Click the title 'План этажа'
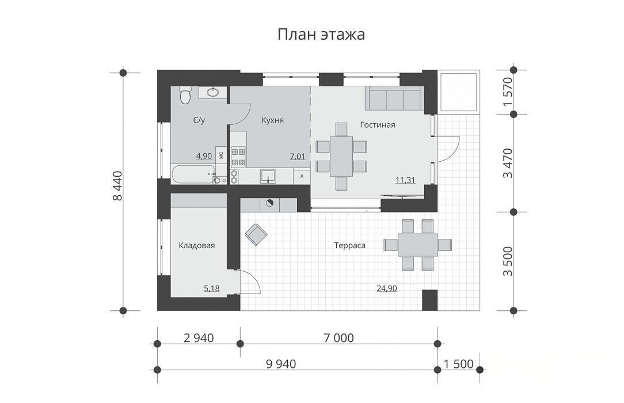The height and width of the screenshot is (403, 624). coord(321,35)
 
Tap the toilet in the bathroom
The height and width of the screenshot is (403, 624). coord(185,94)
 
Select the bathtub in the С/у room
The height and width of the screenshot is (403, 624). coord(193,174)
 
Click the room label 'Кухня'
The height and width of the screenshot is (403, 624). coord(273,120)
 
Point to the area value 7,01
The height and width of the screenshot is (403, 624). coord(298,157)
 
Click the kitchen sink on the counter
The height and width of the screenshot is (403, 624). coord(268,176)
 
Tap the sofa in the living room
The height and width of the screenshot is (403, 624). coord(393,98)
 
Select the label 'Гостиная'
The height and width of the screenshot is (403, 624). coord(378,125)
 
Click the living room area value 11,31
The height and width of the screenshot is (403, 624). coord(405,180)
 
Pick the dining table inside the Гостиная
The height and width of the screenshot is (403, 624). coord(341,157)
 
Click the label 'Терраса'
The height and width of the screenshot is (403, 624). coord(350,245)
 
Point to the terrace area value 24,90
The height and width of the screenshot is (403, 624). coord(387,288)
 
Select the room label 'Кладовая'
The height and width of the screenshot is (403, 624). coord(197,245)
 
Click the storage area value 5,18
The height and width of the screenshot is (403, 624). coord(212,288)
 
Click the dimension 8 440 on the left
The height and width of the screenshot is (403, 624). coord(118,186)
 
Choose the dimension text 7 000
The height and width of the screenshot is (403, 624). coord(338,338)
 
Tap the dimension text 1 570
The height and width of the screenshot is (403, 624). coord(508,92)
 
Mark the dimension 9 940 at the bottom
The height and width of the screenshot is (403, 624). coord(281,364)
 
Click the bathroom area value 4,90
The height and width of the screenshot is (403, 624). coord(204,157)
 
